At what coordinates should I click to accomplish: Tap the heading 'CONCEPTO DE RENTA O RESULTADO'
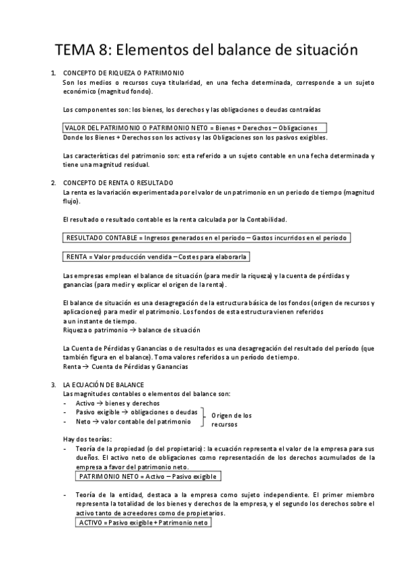pos(118,182)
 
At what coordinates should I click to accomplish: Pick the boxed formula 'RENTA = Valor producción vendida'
pos(155,257)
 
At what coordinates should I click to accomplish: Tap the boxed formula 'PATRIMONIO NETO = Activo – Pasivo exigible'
pos(147,476)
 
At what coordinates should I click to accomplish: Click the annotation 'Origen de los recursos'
pos(231,420)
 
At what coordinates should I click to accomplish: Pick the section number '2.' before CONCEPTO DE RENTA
pos(53,182)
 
